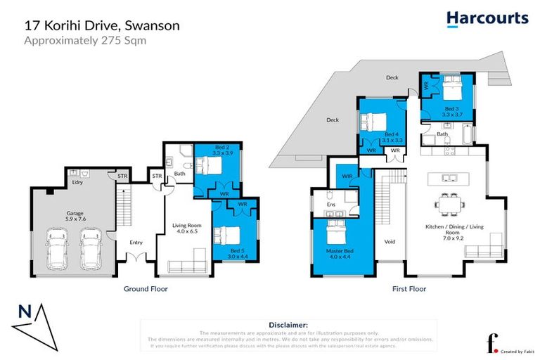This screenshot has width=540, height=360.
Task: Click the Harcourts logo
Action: (x=487, y=18)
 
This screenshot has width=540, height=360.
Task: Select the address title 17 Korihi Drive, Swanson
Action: (x=102, y=25)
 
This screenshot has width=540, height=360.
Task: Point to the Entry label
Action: (x=136, y=243)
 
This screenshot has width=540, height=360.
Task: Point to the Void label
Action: (x=390, y=241)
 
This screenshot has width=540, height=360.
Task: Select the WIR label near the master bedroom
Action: (x=347, y=176)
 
